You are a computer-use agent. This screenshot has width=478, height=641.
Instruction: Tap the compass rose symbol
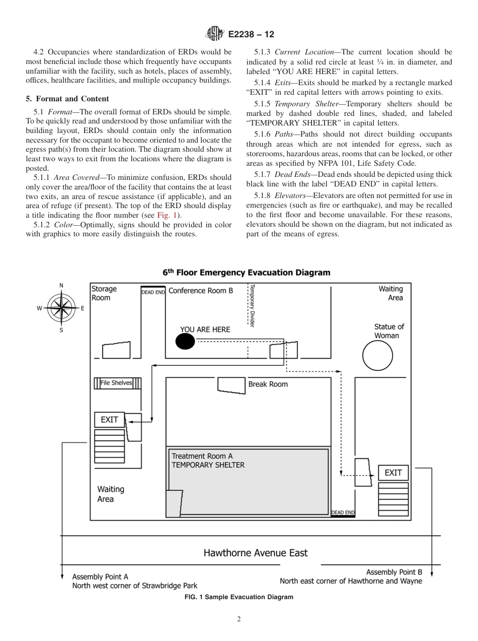tap(61, 308)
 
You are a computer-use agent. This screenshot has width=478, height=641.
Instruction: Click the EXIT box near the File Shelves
tap(110, 419)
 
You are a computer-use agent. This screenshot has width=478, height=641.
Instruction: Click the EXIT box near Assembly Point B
tap(393, 472)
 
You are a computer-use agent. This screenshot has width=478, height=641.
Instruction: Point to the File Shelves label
tap(116, 383)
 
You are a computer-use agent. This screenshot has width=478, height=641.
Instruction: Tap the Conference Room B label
tap(200, 291)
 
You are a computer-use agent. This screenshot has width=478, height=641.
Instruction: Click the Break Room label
tap(268, 384)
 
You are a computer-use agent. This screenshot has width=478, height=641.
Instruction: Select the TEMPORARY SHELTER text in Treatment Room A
tap(208, 465)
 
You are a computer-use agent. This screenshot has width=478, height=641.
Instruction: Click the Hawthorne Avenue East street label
tap(255, 553)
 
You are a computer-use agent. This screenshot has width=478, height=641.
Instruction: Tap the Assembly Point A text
tap(100, 576)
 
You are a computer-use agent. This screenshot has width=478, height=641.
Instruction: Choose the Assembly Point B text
tap(393, 572)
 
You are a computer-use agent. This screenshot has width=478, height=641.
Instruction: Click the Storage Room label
tap(104, 293)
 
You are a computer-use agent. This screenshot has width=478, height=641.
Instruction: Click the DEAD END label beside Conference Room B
tap(153, 292)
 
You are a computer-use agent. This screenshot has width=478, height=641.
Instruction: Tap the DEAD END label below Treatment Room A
tap(343, 512)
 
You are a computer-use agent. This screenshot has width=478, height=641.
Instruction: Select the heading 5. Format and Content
tap(67, 99)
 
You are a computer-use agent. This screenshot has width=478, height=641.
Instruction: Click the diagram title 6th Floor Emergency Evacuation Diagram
tap(246, 273)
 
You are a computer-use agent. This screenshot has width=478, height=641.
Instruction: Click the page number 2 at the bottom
tap(239, 619)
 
